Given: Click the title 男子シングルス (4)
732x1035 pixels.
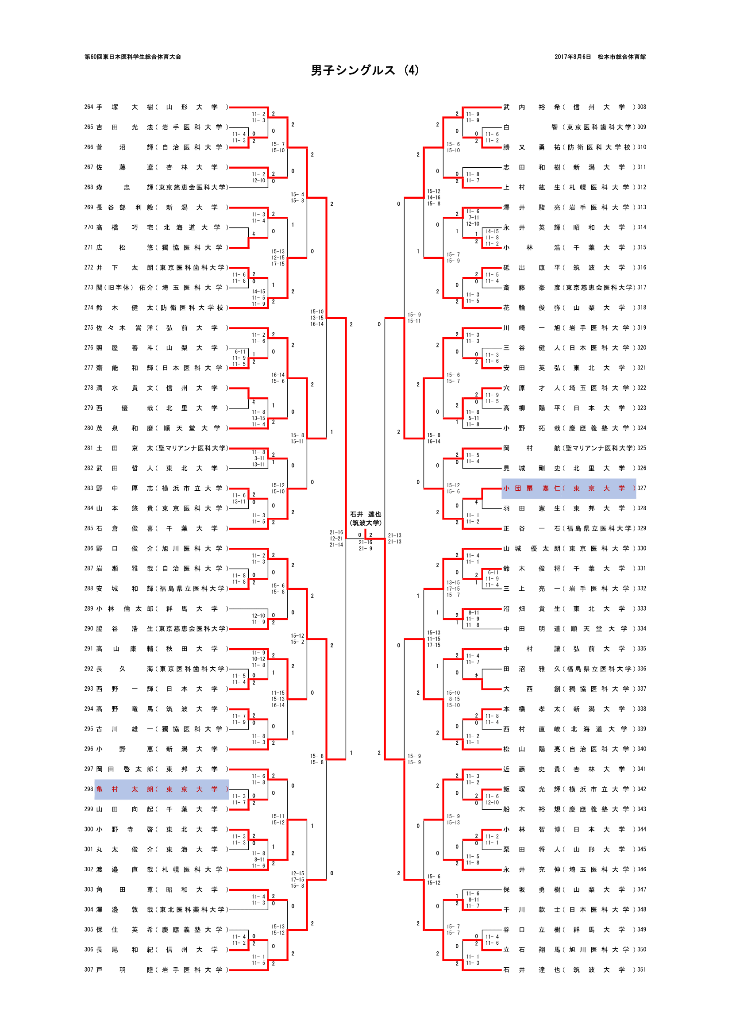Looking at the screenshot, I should (x=365, y=70).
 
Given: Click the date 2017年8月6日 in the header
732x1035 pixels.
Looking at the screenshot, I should (x=572, y=57).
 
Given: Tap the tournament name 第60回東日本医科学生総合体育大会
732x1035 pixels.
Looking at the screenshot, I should (x=133, y=57).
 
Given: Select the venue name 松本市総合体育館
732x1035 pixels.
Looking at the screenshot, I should (x=621, y=57).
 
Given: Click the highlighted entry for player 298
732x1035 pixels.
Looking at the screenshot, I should (x=162, y=789).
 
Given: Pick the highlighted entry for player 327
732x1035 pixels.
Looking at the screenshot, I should (x=568, y=488).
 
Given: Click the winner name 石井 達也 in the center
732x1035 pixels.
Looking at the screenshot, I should (x=366, y=514).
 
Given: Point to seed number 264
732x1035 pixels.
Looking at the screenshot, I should (x=89, y=107).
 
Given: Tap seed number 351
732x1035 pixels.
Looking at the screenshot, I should (x=641, y=969).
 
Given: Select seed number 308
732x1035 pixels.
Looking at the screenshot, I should (x=641, y=107).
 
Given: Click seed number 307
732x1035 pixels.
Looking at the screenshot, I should (x=89, y=969).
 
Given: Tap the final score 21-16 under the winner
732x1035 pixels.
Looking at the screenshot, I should (x=366, y=543).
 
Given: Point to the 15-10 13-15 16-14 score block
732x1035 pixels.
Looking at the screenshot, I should (x=317, y=318).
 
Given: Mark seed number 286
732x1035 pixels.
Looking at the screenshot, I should (x=89, y=548).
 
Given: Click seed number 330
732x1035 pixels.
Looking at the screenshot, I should (x=641, y=548).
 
